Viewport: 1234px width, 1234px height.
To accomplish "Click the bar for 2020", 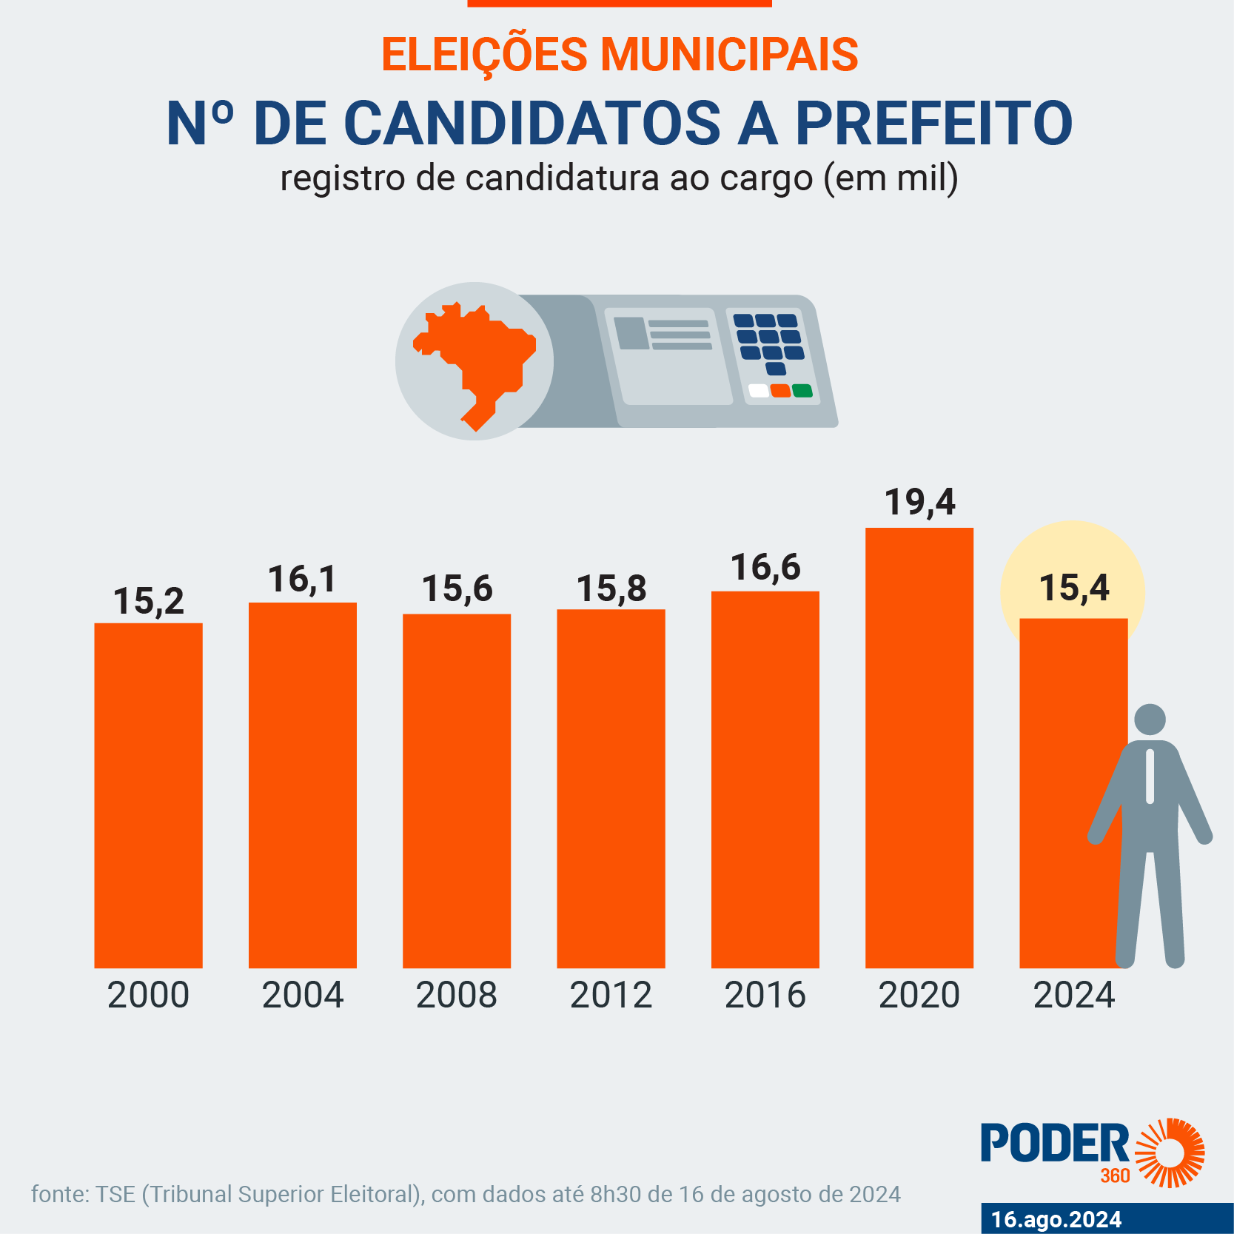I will (919, 748).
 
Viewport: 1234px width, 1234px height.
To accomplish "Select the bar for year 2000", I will (148, 795).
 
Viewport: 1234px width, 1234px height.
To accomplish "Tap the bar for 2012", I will (611, 788).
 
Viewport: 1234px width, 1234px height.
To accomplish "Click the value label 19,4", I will (920, 503).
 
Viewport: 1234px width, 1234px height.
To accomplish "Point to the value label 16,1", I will (302, 580).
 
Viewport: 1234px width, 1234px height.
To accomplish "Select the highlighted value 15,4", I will (1074, 589).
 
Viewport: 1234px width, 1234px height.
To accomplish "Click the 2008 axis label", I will (456, 995).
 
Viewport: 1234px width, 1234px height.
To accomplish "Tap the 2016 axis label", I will (765, 995).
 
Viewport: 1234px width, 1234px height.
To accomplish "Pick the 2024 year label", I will (1073, 995).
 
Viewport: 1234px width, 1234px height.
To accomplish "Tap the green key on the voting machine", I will (802, 391).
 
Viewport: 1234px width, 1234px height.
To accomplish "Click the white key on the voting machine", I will (759, 391).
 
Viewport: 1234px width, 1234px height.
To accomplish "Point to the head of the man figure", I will (1150, 720).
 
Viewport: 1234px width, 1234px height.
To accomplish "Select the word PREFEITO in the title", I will (933, 123).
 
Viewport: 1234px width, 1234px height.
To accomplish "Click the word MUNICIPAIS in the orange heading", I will (728, 55).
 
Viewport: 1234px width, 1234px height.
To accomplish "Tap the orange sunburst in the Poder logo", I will (1170, 1153).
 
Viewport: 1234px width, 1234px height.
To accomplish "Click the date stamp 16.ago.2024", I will (1056, 1219).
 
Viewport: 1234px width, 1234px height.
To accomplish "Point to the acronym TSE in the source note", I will (115, 1194).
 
